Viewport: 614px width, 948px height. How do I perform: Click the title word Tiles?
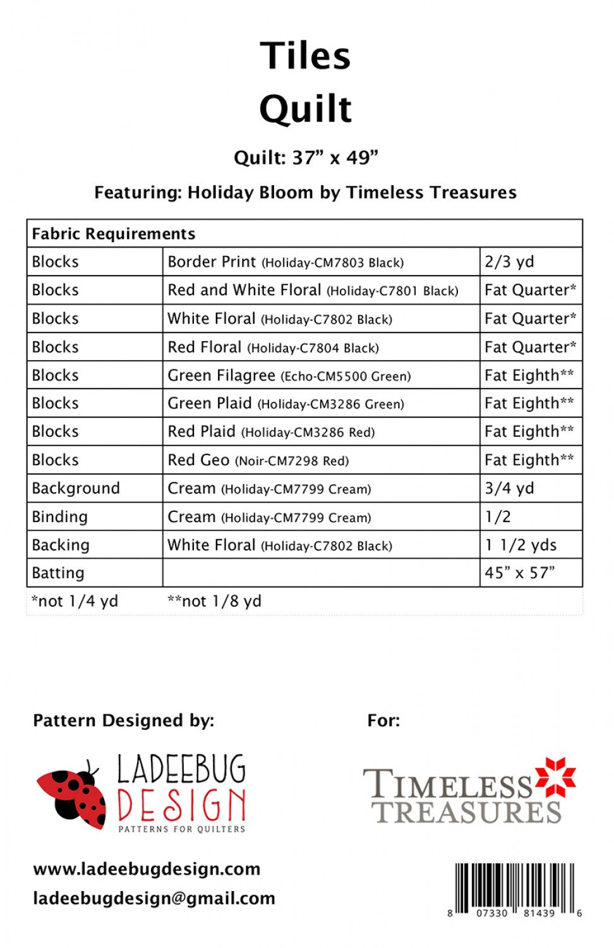(305, 56)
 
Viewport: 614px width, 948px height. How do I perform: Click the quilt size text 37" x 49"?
(335, 157)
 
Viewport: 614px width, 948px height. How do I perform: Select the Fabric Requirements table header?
(114, 234)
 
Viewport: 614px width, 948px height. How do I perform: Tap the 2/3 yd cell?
(509, 262)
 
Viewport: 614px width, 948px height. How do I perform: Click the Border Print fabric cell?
(286, 262)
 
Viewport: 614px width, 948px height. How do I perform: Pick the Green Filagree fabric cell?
(289, 375)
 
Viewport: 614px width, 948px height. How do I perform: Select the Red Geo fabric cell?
(258, 460)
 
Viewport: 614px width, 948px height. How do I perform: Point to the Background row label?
(76, 489)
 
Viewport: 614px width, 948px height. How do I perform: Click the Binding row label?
(60, 517)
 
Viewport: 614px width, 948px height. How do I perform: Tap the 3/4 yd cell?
(509, 489)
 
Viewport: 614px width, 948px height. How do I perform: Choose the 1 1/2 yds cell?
(521, 545)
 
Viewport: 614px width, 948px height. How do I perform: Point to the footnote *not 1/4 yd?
(75, 601)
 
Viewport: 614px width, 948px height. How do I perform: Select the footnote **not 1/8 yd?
(214, 601)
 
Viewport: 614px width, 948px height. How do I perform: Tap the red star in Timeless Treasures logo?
(555, 777)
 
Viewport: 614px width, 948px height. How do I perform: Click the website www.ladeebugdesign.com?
(147, 869)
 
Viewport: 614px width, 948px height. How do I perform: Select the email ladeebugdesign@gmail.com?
(154, 898)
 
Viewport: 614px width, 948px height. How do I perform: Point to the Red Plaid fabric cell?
(271, 432)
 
